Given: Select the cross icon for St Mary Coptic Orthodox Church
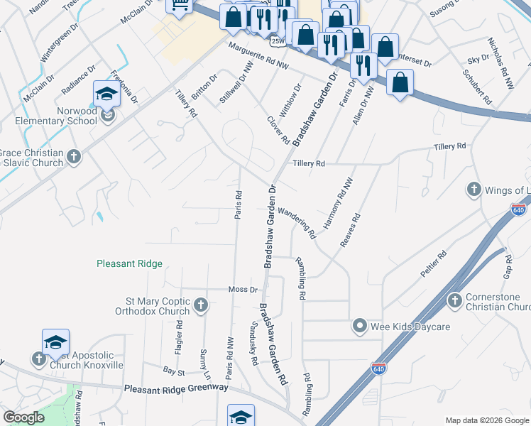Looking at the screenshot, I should click(201, 305).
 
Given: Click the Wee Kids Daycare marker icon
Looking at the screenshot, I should click(360, 326).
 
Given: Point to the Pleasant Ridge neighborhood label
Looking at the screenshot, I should click(129, 263).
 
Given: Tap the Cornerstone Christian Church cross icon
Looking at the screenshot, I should click(454, 301).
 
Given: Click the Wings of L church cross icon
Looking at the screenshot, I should click(473, 190).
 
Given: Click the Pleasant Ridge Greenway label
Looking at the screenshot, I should click(176, 388).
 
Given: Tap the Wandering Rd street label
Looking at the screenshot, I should click(297, 222).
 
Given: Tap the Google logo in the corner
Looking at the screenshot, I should click(23, 417).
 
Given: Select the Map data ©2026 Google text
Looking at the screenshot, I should click(486, 420).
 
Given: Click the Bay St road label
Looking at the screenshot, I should click(173, 371).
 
